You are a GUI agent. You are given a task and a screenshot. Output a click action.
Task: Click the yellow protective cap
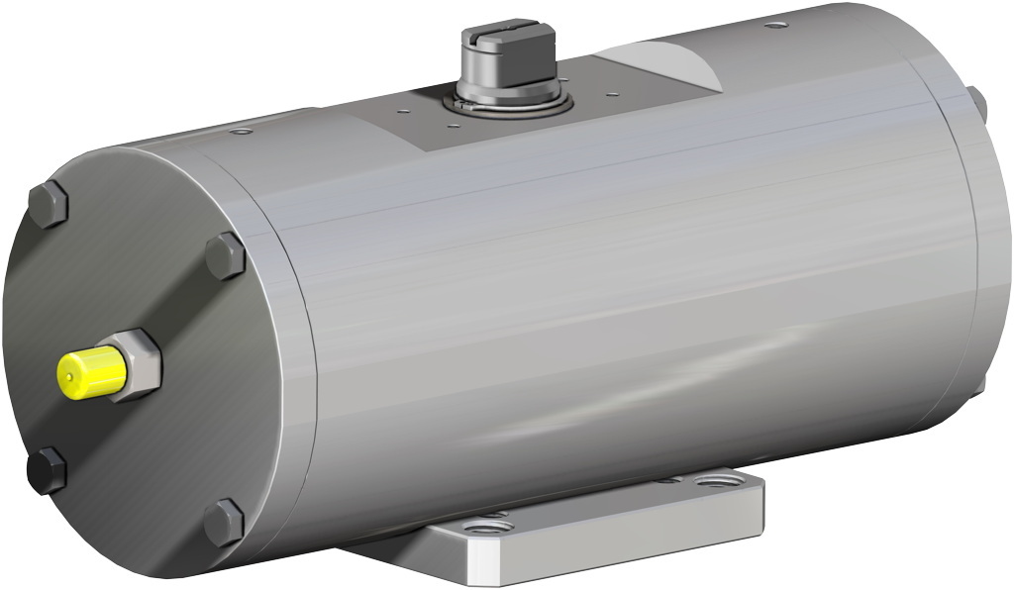[90, 373]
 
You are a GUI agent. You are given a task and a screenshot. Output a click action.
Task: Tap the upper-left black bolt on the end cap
[47, 205]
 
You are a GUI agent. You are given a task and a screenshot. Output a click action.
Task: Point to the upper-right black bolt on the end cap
[226, 256]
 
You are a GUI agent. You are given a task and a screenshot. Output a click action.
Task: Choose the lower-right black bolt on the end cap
[224, 522]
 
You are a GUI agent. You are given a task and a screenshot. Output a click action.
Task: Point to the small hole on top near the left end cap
[241, 131]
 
